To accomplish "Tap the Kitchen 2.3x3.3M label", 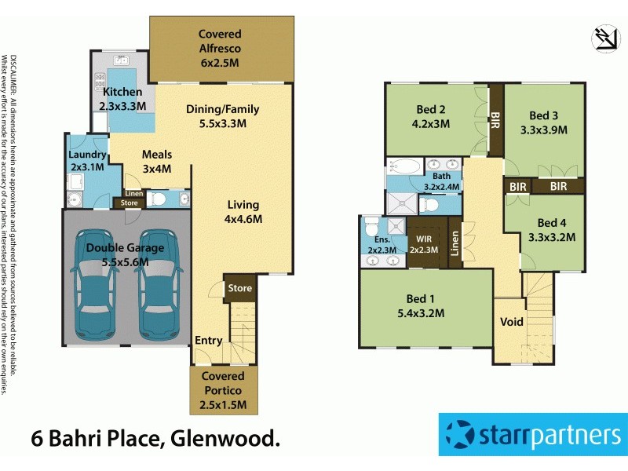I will (x=122, y=98).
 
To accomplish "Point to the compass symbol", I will (x=605, y=39).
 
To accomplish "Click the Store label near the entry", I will (x=239, y=288).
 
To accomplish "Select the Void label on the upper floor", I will (x=513, y=323).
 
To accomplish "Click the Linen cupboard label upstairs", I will (x=455, y=244).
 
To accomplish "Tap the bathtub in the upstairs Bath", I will (x=403, y=166).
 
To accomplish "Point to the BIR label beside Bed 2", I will (x=495, y=121).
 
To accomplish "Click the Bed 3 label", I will (x=543, y=123).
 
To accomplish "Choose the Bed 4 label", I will (x=553, y=229).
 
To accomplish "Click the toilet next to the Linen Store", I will (x=158, y=199).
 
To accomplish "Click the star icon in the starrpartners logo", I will (x=463, y=434).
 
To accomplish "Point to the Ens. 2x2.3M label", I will (x=382, y=244).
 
